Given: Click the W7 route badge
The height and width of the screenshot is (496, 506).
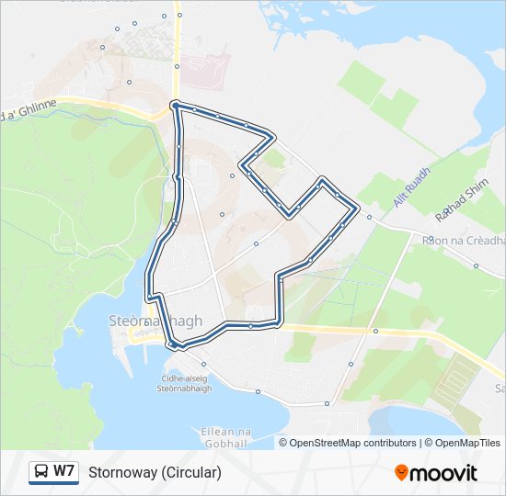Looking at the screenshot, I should point(52,472).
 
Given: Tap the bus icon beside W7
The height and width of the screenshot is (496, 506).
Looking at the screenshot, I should point(41,472).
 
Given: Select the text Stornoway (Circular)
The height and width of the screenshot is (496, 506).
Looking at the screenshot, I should point(155,473).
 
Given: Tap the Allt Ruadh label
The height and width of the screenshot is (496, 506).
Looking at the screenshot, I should point(411,187).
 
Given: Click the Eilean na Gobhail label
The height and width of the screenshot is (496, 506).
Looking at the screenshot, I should point(225,436).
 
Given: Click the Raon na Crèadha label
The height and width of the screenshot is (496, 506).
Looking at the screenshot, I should point(465,239).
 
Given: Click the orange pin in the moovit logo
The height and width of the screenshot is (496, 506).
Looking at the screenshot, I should point(401,473).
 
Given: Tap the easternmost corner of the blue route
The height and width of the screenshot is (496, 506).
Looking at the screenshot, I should point(357,208).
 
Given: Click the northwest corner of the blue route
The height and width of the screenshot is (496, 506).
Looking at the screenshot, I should point(174,104).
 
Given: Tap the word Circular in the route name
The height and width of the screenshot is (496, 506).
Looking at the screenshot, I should point(191,473).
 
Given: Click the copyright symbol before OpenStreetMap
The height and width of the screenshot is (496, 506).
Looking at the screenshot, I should point(284,443).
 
